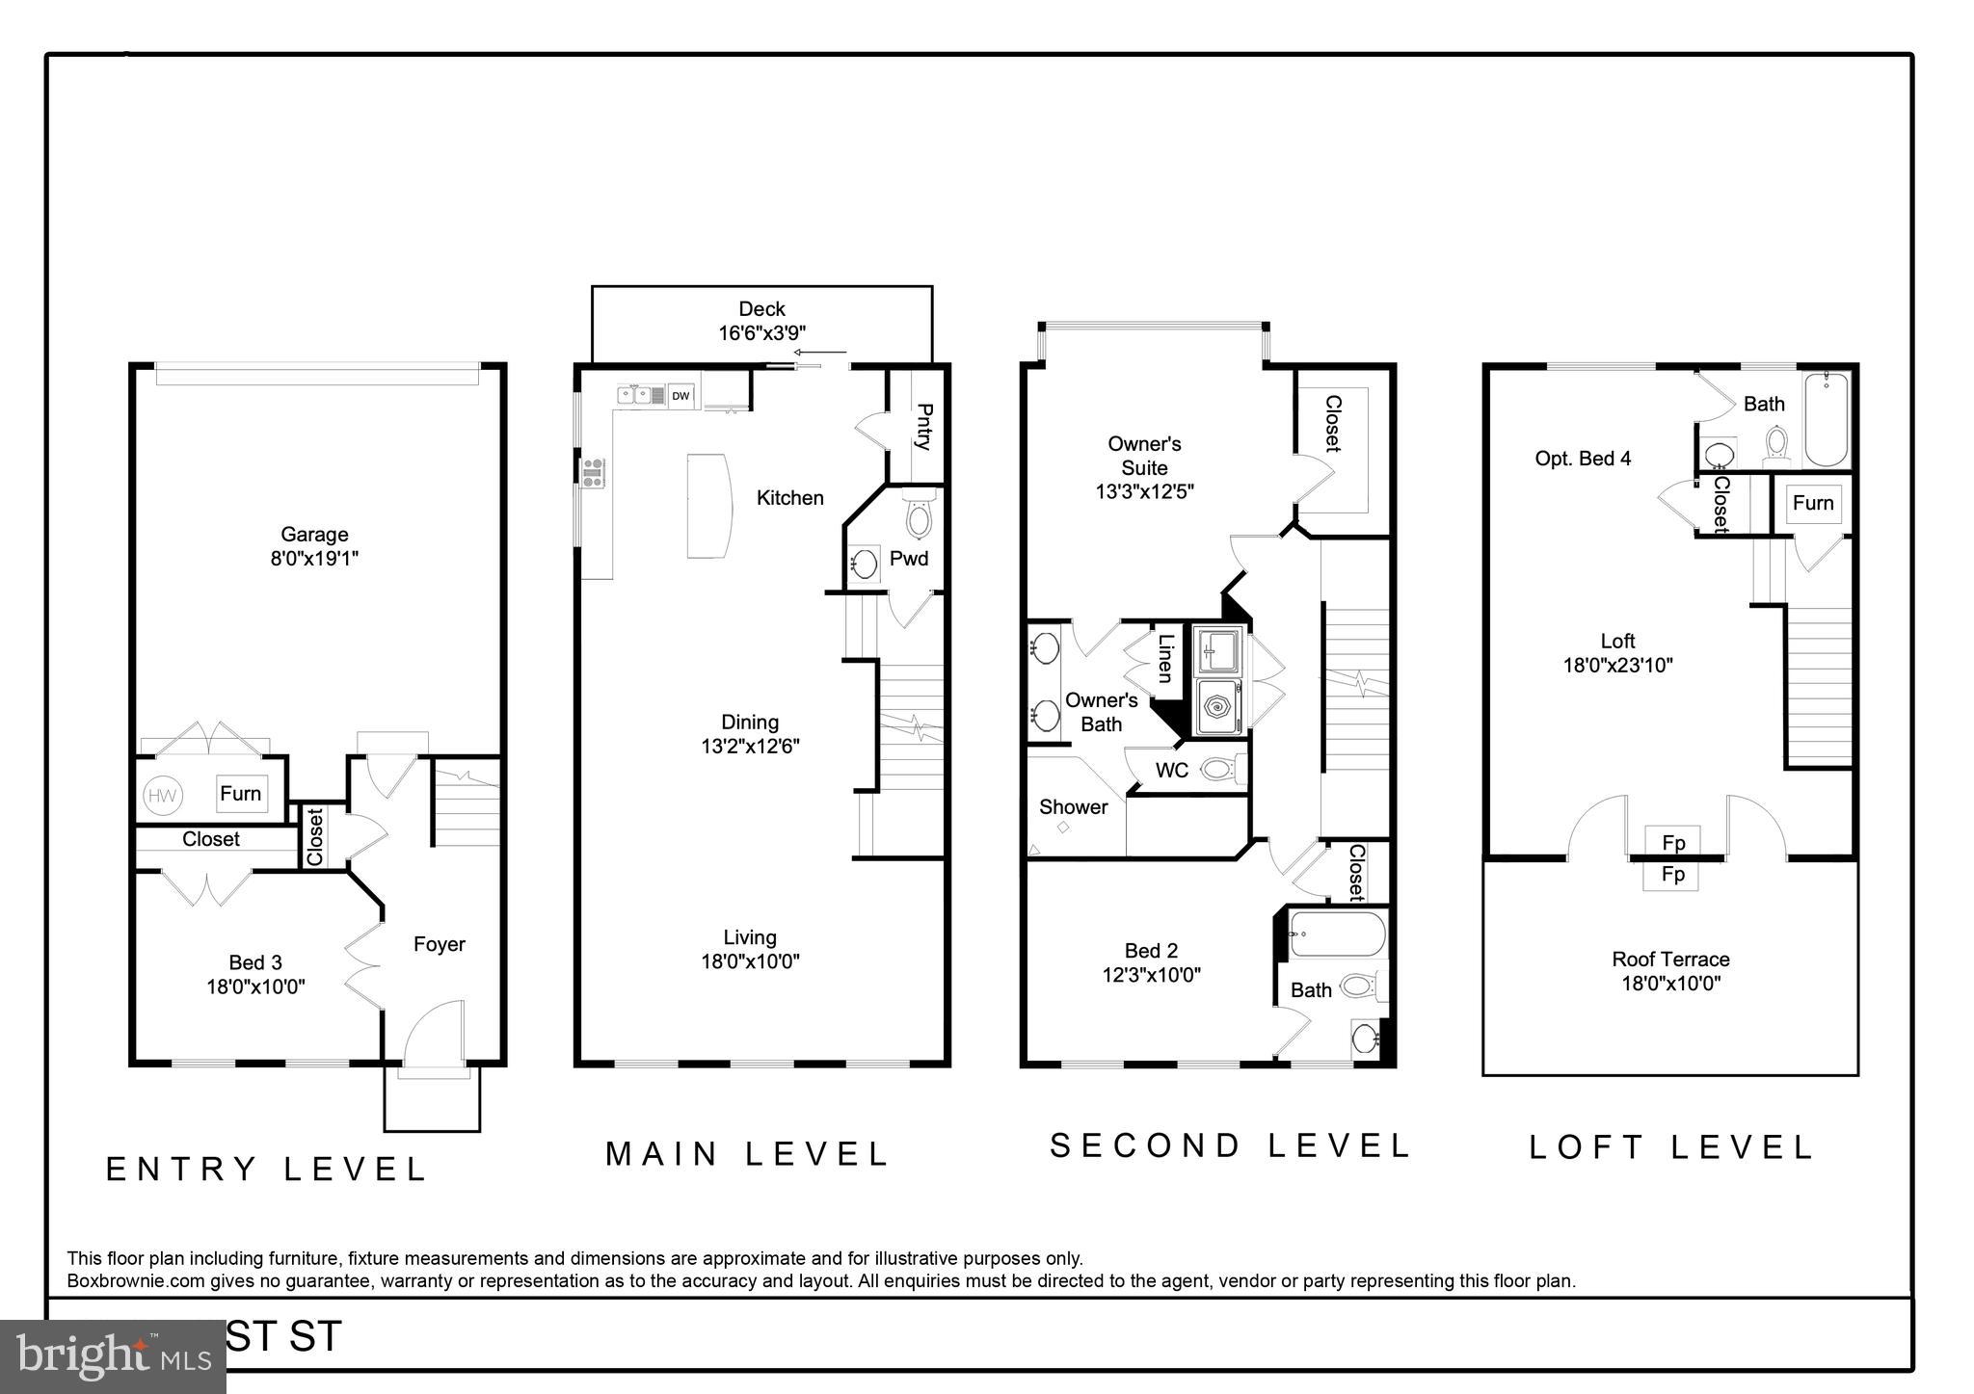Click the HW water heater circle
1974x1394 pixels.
click(162, 796)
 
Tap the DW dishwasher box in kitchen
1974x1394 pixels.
click(680, 396)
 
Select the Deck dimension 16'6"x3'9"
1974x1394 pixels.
click(761, 332)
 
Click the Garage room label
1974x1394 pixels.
click(314, 535)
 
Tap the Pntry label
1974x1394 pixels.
click(922, 427)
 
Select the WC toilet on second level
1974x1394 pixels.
click(1220, 770)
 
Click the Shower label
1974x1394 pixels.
click(1073, 807)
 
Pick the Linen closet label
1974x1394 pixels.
click(1165, 658)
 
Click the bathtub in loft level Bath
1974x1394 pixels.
click(1826, 419)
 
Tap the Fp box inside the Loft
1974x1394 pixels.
click(1673, 842)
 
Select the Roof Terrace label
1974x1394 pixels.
click(1670, 960)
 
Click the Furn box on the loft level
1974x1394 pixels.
click(1813, 503)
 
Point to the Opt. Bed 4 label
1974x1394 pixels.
click(1583, 459)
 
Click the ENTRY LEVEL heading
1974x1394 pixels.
click(266, 1169)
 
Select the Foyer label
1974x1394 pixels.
click(440, 944)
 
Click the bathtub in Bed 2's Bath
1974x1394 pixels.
click(1336, 934)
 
